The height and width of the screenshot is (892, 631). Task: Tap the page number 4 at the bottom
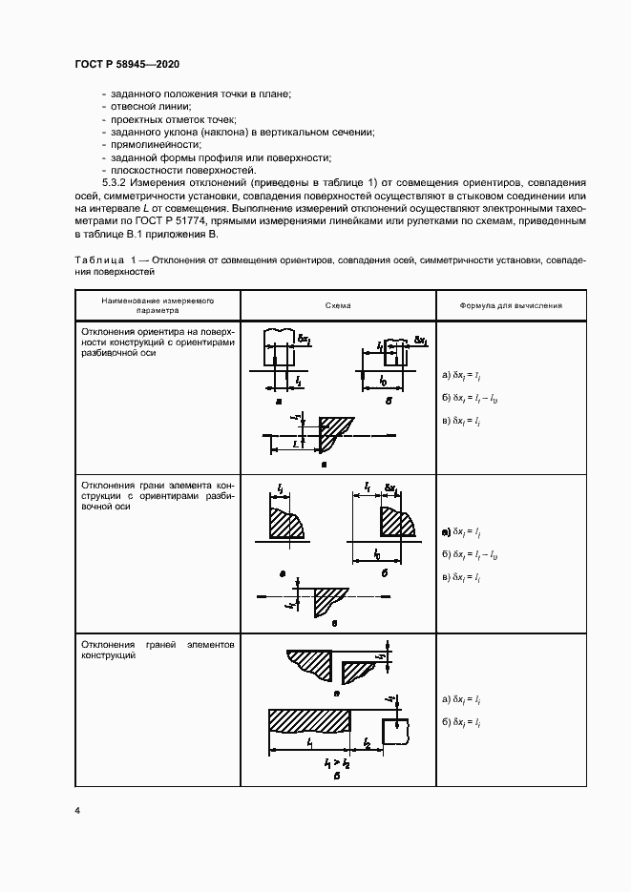coord(77,810)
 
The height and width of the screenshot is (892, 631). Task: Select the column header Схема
coord(337,305)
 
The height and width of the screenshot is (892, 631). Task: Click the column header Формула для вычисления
coord(511,305)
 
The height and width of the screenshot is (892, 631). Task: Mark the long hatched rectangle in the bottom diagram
coord(309,721)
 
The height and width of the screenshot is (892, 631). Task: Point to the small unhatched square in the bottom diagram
coord(395,731)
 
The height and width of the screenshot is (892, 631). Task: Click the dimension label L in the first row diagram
coord(299,444)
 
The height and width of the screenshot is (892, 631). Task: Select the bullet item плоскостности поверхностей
coord(164,169)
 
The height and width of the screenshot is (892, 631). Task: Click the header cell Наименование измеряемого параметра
coord(157,305)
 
